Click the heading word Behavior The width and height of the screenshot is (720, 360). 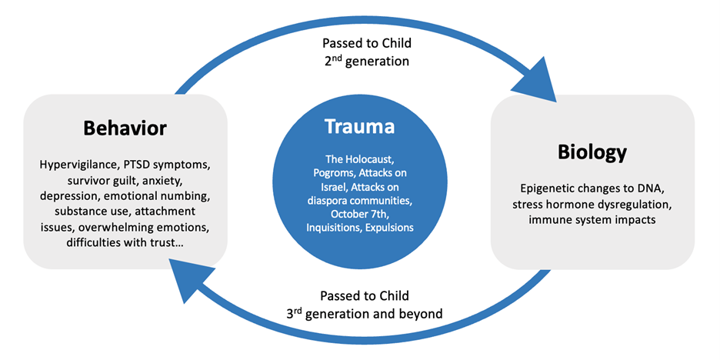pyautogui.click(x=125, y=127)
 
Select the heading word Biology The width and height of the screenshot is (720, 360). pyautogui.click(x=592, y=151)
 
